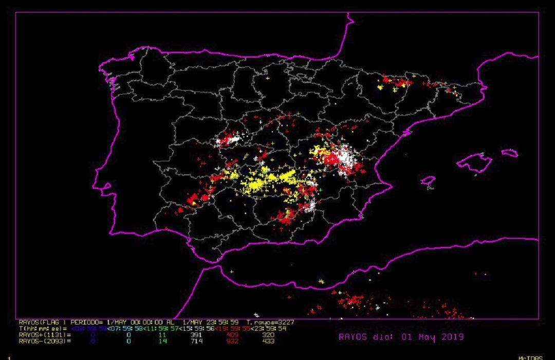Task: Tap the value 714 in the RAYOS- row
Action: click(197, 341)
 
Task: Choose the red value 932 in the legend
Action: click(229, 341)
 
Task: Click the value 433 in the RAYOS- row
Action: click(268, 341)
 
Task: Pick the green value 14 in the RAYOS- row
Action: click(162, 341)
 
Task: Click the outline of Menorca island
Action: click(509, 153)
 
